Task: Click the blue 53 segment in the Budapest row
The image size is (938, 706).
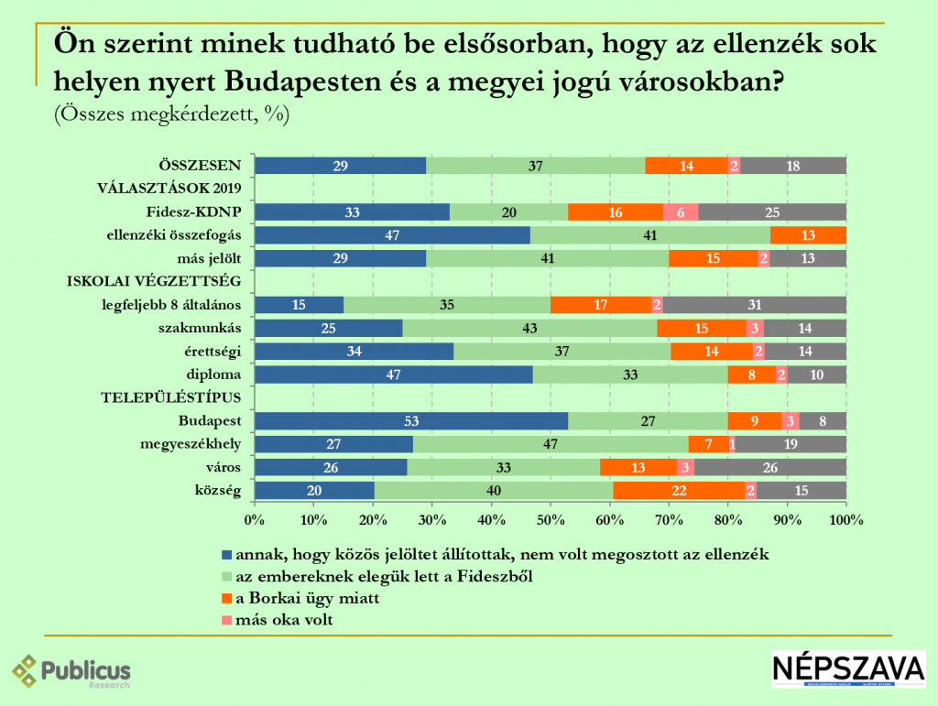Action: coord(411,421)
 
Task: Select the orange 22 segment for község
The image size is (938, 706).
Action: coord(679,491)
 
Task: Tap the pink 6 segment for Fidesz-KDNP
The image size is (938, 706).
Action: coord(681,212)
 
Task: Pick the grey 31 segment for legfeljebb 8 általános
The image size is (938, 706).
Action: coord(754,305)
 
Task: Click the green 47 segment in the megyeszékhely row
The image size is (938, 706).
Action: coord(551,444)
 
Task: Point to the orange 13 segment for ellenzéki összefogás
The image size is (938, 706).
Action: coord(808,235)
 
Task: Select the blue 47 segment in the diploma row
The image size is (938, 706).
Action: coord(393,375)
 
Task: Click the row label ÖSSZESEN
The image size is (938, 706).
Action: coord(200,166)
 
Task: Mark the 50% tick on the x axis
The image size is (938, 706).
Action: coord(551,519)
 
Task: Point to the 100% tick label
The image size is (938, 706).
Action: coord(845,520)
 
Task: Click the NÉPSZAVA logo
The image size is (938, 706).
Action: coord(847,669)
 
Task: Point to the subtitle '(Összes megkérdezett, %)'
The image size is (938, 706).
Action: coord(171,114)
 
